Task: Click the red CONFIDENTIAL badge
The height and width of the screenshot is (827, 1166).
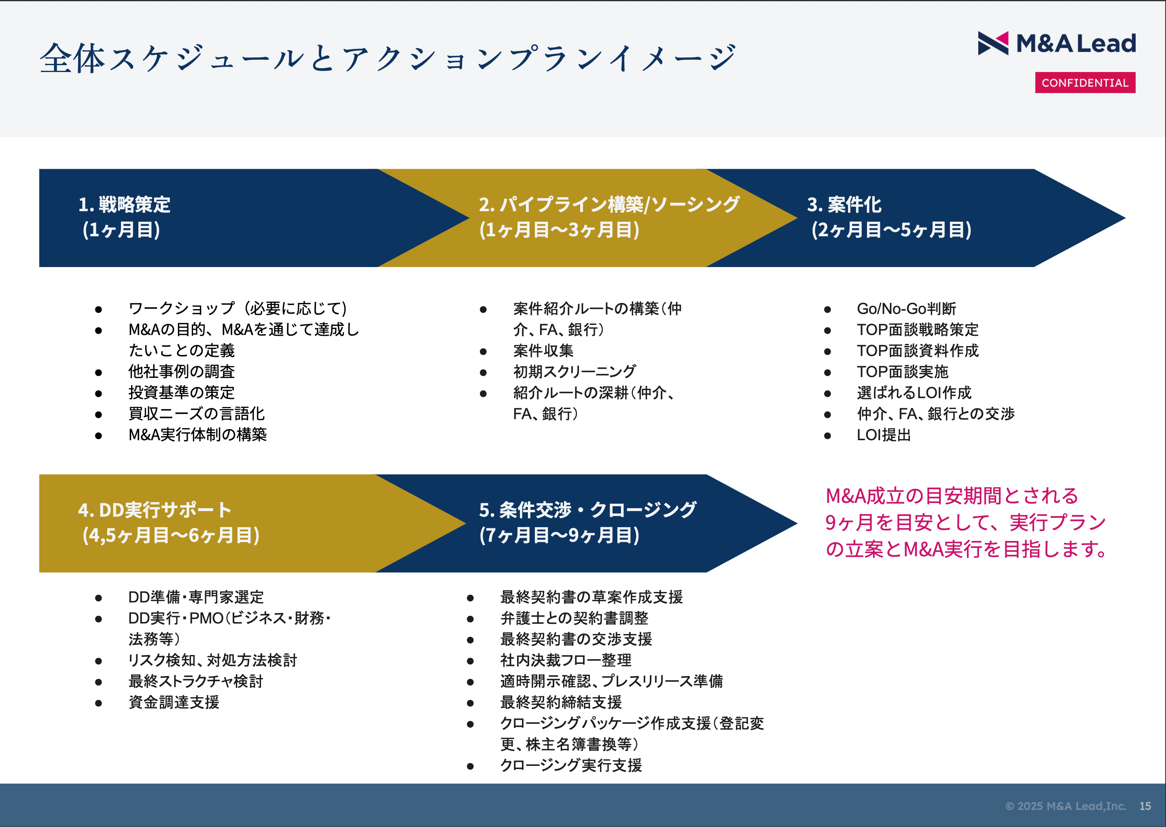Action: click(1085, 83)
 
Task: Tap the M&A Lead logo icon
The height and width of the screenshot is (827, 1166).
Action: click(992, 43)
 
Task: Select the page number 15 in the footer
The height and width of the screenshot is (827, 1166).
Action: click(1145, 806)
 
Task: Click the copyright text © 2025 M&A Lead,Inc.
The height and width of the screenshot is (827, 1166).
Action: click(1065, 806)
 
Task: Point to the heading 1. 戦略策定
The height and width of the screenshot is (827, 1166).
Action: click(124, 204)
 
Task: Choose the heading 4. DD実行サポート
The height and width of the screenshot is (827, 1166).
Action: click(155, 510)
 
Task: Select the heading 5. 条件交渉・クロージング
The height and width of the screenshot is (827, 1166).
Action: click(587, 510)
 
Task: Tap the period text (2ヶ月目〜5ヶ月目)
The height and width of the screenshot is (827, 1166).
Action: click(891, 230)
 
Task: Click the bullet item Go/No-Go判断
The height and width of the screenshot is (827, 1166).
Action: click(906, 309)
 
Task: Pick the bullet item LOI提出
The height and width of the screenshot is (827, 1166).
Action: click(884, 435)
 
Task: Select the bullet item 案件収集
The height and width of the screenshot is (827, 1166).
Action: click(543, 350)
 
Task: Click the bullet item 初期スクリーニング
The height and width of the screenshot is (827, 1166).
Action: click(575, 372)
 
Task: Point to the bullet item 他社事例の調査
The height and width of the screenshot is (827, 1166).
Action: click(181, 372)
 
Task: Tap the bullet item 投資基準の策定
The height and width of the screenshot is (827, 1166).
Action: click(181, 392)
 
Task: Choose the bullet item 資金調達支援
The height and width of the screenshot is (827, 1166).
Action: click(174, 702)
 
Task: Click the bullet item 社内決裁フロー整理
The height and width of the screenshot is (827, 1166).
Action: click(565, 660)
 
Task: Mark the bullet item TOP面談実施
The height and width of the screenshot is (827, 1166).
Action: click(902, 372)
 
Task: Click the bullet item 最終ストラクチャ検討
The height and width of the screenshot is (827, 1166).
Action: click(195, 681)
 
